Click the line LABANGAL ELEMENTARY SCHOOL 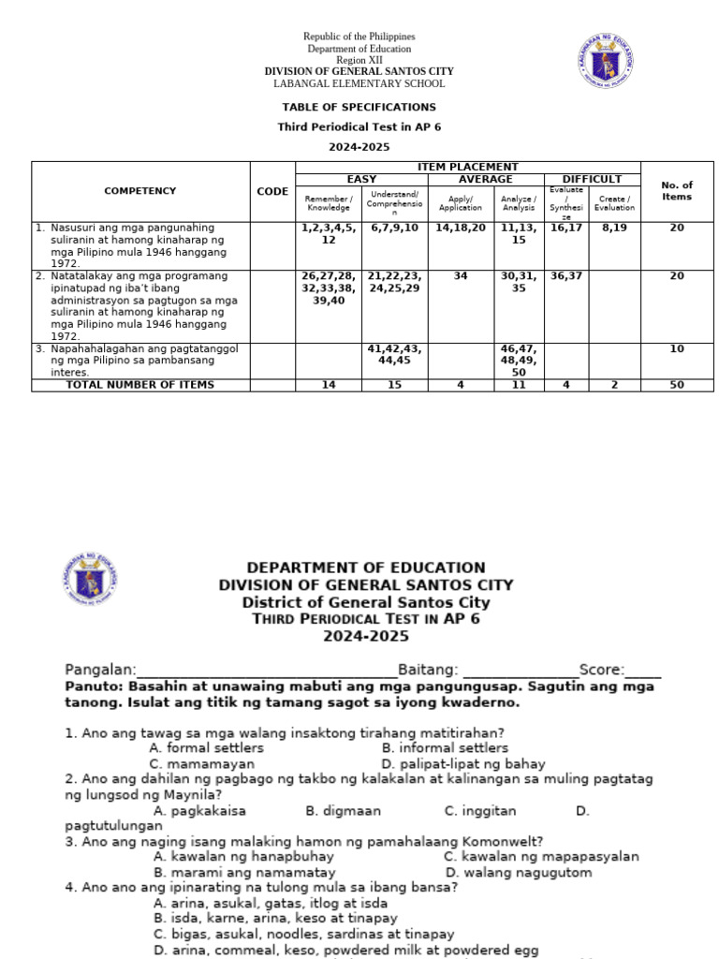(x=359, y=83)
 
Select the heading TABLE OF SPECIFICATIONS (x=359, y=107)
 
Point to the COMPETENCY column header (x=140, y=191)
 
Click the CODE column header (x=272, y=191)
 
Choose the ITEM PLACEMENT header (x=467, y=167)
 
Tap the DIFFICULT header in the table (x=592, y=179)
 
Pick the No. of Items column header (x=676, y=191)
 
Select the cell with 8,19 (x=614, y=228)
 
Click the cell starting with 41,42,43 (x=394, y=354)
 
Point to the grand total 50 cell (x=676, y=385)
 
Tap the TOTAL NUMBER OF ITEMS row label (x=139, y=385)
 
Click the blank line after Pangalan (x=267, y=671)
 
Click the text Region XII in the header (x=359, y=60)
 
